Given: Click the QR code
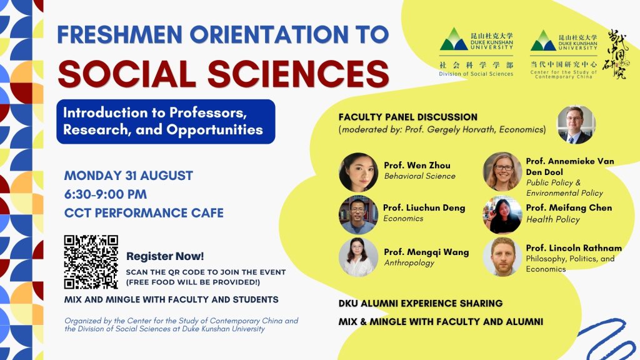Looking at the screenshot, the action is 91,262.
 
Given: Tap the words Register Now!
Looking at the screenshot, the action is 165,256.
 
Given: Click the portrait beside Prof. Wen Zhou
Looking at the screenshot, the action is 358,172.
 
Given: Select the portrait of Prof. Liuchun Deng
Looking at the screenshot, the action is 358,215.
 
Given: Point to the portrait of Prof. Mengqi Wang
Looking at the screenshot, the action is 358,257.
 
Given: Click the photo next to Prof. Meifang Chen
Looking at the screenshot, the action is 502,215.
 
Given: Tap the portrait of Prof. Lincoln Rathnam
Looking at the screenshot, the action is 502,257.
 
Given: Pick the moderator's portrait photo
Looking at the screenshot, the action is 576,125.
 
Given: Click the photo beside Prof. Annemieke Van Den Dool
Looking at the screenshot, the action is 502,172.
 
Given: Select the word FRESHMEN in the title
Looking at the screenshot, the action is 119,34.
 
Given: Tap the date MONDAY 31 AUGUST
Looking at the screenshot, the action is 129,176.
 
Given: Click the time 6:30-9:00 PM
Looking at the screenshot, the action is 105,194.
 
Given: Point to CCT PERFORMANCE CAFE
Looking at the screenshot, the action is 144,213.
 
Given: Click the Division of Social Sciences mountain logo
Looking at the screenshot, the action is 454,39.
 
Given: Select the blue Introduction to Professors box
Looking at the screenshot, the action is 166,122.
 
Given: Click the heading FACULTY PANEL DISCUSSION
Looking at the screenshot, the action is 407,117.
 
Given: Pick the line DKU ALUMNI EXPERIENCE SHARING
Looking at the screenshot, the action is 421,304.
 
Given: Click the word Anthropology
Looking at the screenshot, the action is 409,263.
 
